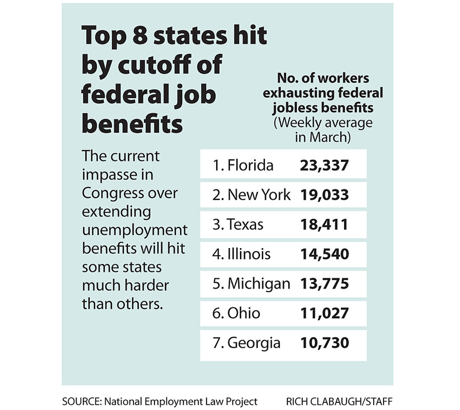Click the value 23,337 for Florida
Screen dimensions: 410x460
point(324,166)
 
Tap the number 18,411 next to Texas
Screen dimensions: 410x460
point(324,224)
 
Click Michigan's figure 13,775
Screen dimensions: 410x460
point(324,283)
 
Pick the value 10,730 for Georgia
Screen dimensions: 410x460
point(324,343)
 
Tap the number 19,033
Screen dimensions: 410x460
point(324,195)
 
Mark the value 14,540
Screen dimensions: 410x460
point(324,254)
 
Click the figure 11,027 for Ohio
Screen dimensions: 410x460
point(324,313)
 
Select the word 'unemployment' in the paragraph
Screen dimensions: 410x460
point(135,230)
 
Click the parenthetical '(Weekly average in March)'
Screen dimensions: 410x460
point(323,131)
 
